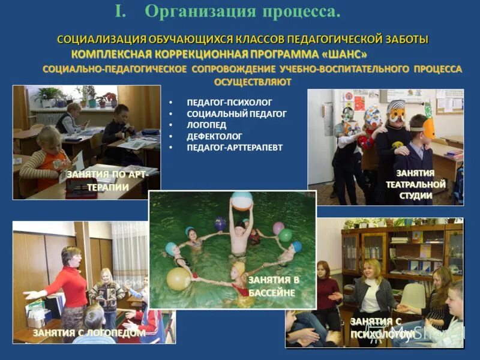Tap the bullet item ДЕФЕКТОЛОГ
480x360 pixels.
coord(213,136)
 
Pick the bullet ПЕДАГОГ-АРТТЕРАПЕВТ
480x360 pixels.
coord(235,147)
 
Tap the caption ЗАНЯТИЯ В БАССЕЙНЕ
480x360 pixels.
coord(274,287)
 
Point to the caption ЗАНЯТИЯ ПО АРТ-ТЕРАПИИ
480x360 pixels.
coord(106,181)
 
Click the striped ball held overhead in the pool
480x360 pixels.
coord(242,200)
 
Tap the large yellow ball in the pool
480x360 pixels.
coord(179,278)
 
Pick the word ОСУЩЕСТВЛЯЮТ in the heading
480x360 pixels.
coord(253,82)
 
